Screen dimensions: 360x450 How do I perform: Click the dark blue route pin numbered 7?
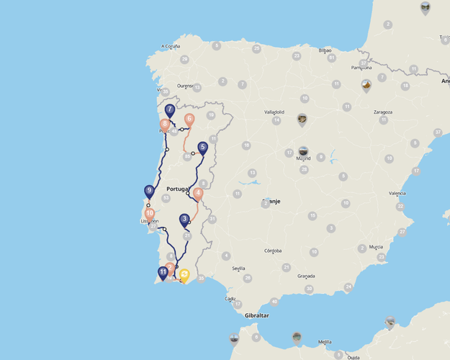(170, 111)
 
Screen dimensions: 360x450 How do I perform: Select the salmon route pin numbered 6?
(189, 120)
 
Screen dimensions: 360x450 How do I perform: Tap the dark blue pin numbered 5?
(202, 148)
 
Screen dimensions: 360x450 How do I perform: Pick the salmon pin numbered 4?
(198, 193)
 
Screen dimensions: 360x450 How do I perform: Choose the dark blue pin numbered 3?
(184, 220)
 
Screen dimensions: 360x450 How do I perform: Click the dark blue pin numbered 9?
(149, 192)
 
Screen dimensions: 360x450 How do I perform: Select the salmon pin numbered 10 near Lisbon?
(150, 214)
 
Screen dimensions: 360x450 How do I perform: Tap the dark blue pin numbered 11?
(163, 272)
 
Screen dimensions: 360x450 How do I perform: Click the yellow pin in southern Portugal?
(184, 274)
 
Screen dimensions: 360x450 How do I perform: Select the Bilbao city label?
(325, 50)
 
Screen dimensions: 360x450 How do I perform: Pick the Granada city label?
(306, 276)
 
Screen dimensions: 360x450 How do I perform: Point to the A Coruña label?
(170, 46)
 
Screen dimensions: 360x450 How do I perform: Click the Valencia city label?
(397, 193)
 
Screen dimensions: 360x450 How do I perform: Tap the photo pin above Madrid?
(303, 151)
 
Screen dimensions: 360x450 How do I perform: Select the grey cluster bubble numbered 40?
(274, 302)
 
